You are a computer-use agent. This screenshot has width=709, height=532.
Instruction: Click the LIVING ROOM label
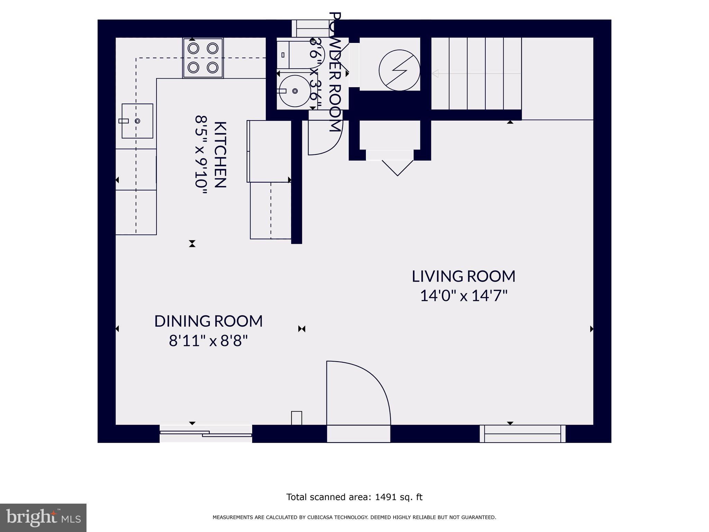coord(463,276)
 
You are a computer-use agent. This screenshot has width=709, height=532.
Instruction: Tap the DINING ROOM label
coord(208,321)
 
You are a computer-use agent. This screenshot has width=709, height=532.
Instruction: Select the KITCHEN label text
coord(220,154)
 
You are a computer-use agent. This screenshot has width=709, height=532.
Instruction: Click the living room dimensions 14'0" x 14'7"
coord(463,296)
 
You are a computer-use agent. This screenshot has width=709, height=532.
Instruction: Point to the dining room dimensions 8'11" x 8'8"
coord(208,341)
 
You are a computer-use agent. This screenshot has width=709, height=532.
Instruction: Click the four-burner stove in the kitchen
coord(203,58)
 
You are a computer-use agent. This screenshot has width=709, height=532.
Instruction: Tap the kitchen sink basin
coord(137,121)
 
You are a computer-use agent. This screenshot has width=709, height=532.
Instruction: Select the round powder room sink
coord(295,91)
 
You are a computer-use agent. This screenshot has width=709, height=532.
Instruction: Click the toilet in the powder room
coord(291,55)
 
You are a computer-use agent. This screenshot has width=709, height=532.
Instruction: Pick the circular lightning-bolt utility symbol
coord(399,70)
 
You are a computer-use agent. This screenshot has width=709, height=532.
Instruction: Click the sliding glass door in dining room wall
coord(206,434)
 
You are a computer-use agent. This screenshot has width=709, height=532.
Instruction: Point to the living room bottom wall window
coord(522,434)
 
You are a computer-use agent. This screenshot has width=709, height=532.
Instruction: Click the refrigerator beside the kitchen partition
coord(269,151)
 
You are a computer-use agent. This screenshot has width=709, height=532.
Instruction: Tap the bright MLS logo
coord(43,517)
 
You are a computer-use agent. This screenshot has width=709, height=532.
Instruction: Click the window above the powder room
coord(310,28)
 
